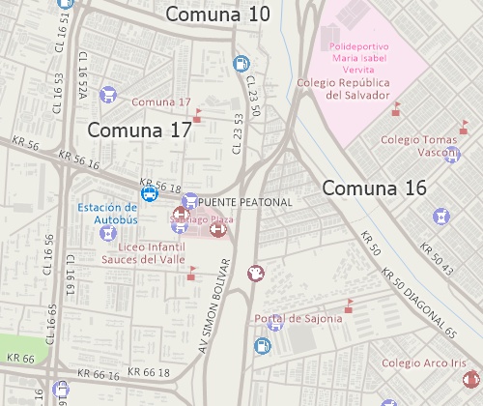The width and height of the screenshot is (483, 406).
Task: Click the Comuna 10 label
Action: [x=218, y=14]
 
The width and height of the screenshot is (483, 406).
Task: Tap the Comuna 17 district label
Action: [x=140, y=130]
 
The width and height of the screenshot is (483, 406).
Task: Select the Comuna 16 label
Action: [x=374, y=188]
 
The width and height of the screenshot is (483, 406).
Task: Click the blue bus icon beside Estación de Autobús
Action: [x=150, y=193]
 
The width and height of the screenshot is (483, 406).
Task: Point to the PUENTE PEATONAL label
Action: [x=243, y=201]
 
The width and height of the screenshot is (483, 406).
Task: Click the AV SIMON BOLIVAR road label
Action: [x=215, y=301]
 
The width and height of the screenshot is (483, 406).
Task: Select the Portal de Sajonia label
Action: [x=298, y=319]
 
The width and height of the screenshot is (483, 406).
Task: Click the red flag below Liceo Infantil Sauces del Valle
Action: [x=191, y=276]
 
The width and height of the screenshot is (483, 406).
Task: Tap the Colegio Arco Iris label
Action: [x=423, y=363]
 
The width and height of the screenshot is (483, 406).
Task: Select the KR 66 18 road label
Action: [x=145, y=372]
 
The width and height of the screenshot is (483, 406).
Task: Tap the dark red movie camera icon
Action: [x=255, y=274]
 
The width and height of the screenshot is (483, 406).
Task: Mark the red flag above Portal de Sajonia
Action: [x=349, y=305]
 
